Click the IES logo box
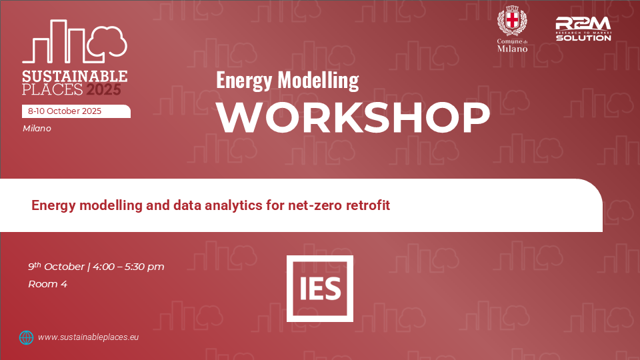(x=319, y=289)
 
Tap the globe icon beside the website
(x=26, y=337)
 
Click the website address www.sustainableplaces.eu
(x=88, y=337)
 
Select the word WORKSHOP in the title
(x=353, y=117)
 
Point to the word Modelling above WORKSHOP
(x=318, y=80)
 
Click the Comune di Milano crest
(x=512, y=21)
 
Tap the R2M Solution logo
(x=583, y=29)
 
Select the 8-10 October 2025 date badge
(x=76, y=111)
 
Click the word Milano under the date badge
(x=37, y=128)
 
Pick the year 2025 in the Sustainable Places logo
(x=103, y=89)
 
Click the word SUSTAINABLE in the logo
(x=75, y=76)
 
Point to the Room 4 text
(x=47, y=284)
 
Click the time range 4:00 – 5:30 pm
(x=129, y=267)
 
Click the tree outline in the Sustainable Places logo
(x=107, y=41)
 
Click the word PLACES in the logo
(x=52, y=89)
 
